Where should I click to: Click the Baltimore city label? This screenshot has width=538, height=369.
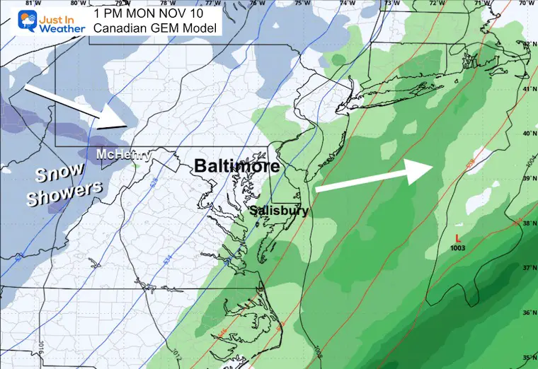[x=237, y=166]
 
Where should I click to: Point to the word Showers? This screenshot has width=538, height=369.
[x=64, y=194]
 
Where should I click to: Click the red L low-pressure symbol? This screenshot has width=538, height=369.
[x=459, y=238]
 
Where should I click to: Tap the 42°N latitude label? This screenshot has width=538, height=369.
[x=527, y=45]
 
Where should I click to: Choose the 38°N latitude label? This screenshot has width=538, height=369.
[x=528, y=223]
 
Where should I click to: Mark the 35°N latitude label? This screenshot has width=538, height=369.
[x=528, y=357]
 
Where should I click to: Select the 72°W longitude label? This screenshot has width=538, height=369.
[x=432, y=4]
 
